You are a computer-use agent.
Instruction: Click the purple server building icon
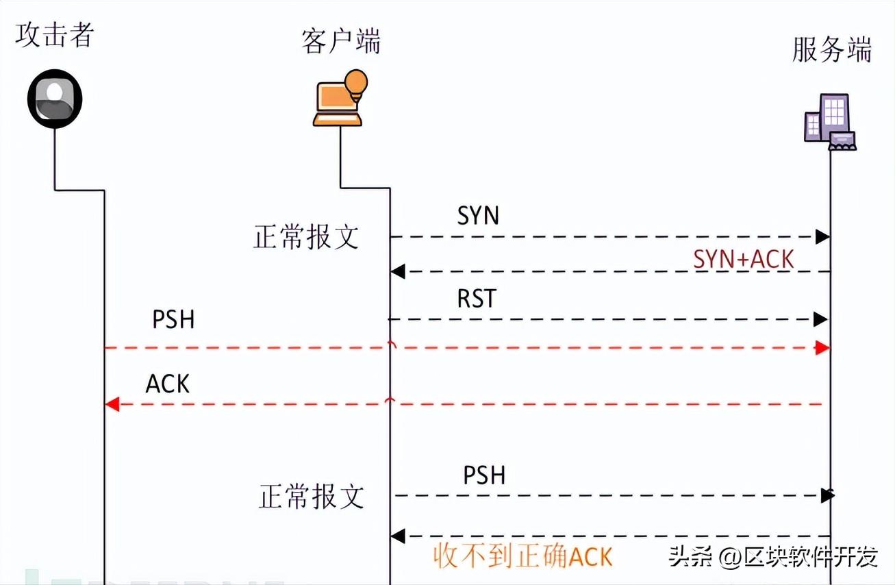pyautogui.click(x=829, y=122)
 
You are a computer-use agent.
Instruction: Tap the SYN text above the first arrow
pyautogui.click(x=478, y=216)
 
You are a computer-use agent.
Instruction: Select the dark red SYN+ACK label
pyautogui.click(x=743, y=259)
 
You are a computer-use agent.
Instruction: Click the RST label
pyautogui.click(x=477, y=299)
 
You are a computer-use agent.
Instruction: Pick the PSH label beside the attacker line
pyautogui.click(x=173, y=319)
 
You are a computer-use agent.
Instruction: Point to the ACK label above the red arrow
pyautogui.click(x=168, y=384)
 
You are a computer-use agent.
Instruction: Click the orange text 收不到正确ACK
pyautogui.click(x=522, y=556)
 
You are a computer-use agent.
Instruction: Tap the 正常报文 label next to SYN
pyautogui.click(x=306, y=237)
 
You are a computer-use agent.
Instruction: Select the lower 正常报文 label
pyautogui.click(x=312, y=497)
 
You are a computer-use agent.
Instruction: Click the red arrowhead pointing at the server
pyautogui.click(x=822, y=348)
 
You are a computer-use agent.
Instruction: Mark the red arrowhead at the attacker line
pyautogui.click(x=113, y=404)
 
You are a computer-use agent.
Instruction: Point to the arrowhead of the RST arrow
pyautogui.click(x=821, y=319)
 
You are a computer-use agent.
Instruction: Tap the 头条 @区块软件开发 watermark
pyautogui.click(x=772, y=557)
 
